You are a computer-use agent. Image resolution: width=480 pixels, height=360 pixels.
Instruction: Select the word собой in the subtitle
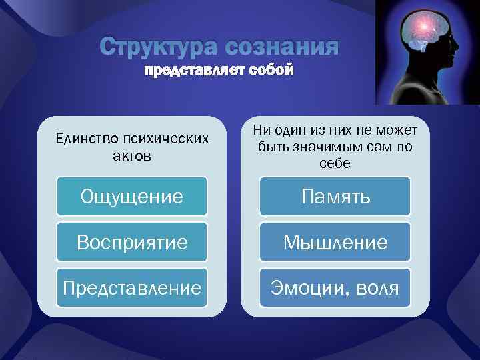(267, 71)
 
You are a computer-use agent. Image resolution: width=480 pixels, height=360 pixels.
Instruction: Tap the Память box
(335, 196)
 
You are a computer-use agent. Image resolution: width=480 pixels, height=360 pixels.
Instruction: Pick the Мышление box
(335, 242)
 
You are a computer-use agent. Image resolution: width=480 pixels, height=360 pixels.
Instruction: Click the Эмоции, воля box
(335, 288)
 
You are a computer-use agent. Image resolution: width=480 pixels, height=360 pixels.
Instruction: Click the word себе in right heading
(335, 163)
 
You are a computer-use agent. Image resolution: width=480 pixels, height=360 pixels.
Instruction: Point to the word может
(398, 130)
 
